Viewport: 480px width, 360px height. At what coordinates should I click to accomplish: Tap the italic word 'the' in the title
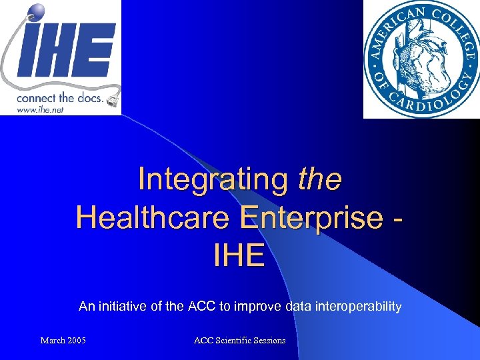click(x=320, y=179)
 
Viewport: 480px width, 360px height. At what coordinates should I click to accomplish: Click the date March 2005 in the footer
click(x=63, y=341)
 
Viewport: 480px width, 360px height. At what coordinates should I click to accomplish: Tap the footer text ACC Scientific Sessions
click(x=239, y=341)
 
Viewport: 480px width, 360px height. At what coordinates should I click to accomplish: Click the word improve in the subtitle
click(x=257, y=307)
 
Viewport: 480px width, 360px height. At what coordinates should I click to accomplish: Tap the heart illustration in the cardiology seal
click(x=421, y=59)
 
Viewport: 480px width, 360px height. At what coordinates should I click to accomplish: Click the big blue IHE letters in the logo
click(x=67, y=53)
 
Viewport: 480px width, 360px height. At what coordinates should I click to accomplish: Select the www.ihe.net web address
click(x=41, y=109)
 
